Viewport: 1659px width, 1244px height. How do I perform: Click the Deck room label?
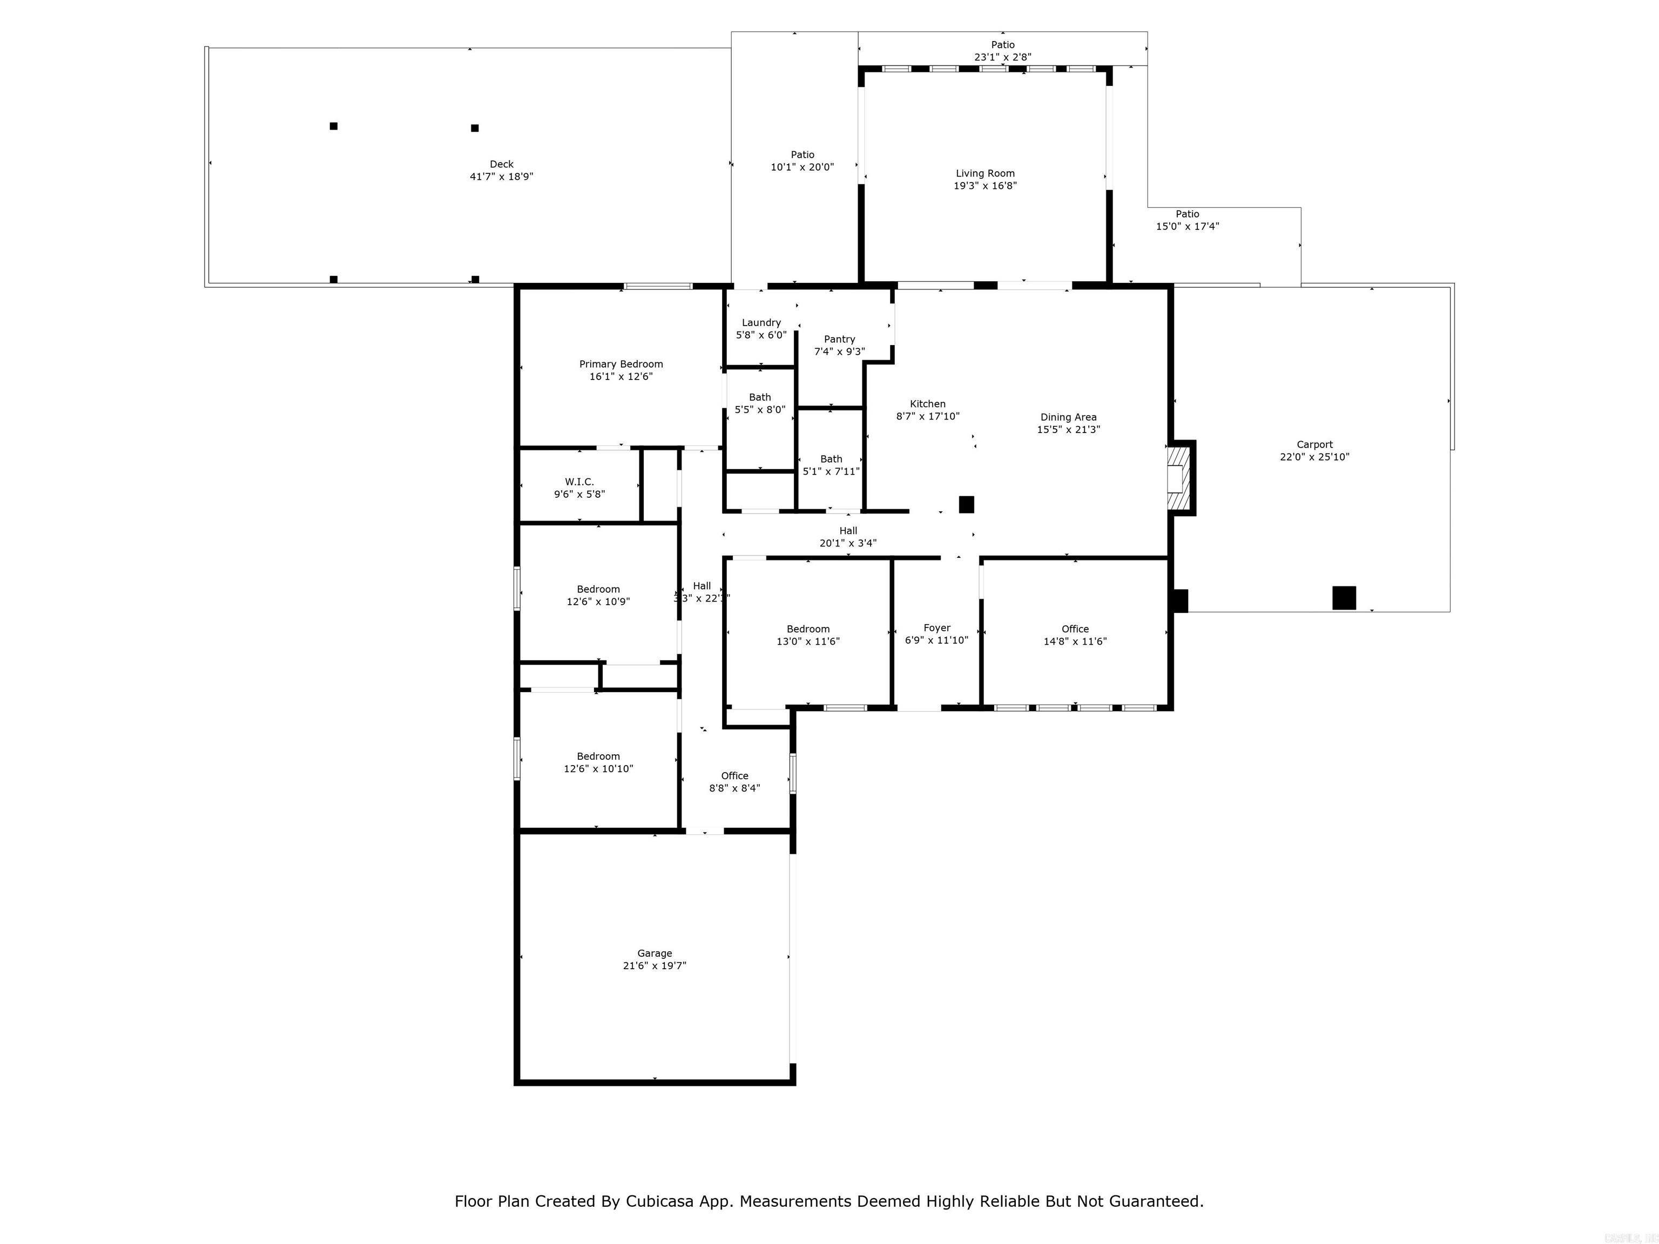[502, 164]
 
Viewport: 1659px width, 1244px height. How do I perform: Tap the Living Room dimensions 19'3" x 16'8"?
[984, 186]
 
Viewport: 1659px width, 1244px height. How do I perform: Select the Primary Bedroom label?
[621, 364]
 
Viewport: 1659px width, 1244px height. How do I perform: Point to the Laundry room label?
[761, 322]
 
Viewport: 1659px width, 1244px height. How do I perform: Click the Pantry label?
[839, 339]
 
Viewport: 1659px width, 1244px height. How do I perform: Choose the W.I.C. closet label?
[579, 482]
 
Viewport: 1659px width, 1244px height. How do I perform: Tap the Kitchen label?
[928, 403]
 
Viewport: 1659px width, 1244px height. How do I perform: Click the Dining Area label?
[1068, 417]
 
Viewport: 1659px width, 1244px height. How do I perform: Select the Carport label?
[1314, 444]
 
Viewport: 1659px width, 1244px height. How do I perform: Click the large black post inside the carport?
[1343, 598]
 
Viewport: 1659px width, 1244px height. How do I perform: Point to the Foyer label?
[937, 627]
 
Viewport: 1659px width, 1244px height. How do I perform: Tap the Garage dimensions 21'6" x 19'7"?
[654, 966]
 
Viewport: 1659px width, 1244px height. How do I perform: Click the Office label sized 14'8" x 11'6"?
[1075, 629]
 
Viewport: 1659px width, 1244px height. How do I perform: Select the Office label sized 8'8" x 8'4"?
[734, 775]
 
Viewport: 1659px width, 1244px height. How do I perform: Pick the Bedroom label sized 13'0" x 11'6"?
[808, 629]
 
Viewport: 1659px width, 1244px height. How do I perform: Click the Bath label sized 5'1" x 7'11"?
[831, 459]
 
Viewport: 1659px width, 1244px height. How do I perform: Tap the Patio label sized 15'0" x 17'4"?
[1187, 214]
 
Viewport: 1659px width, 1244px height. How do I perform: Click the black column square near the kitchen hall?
[966, 505]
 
